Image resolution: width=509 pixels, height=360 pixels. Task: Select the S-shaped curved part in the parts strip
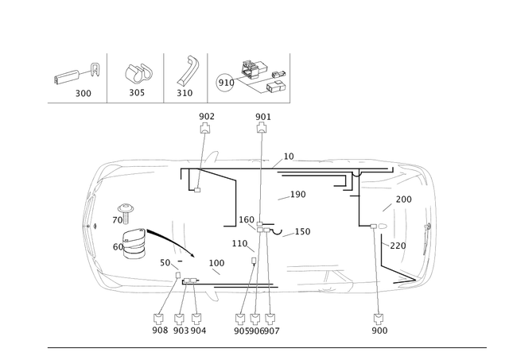[x=188, y=73]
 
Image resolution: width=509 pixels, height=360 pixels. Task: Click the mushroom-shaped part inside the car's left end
[x=123, y=211]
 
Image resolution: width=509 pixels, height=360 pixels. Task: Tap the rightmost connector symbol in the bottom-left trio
[x=196, y=316]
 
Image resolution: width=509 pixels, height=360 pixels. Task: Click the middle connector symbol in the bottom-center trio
[x=256, y=316]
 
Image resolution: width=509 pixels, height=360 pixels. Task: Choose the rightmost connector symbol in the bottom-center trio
[x=270, y=316]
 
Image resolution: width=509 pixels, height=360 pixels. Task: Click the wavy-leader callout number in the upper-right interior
[x=300, y=193]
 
